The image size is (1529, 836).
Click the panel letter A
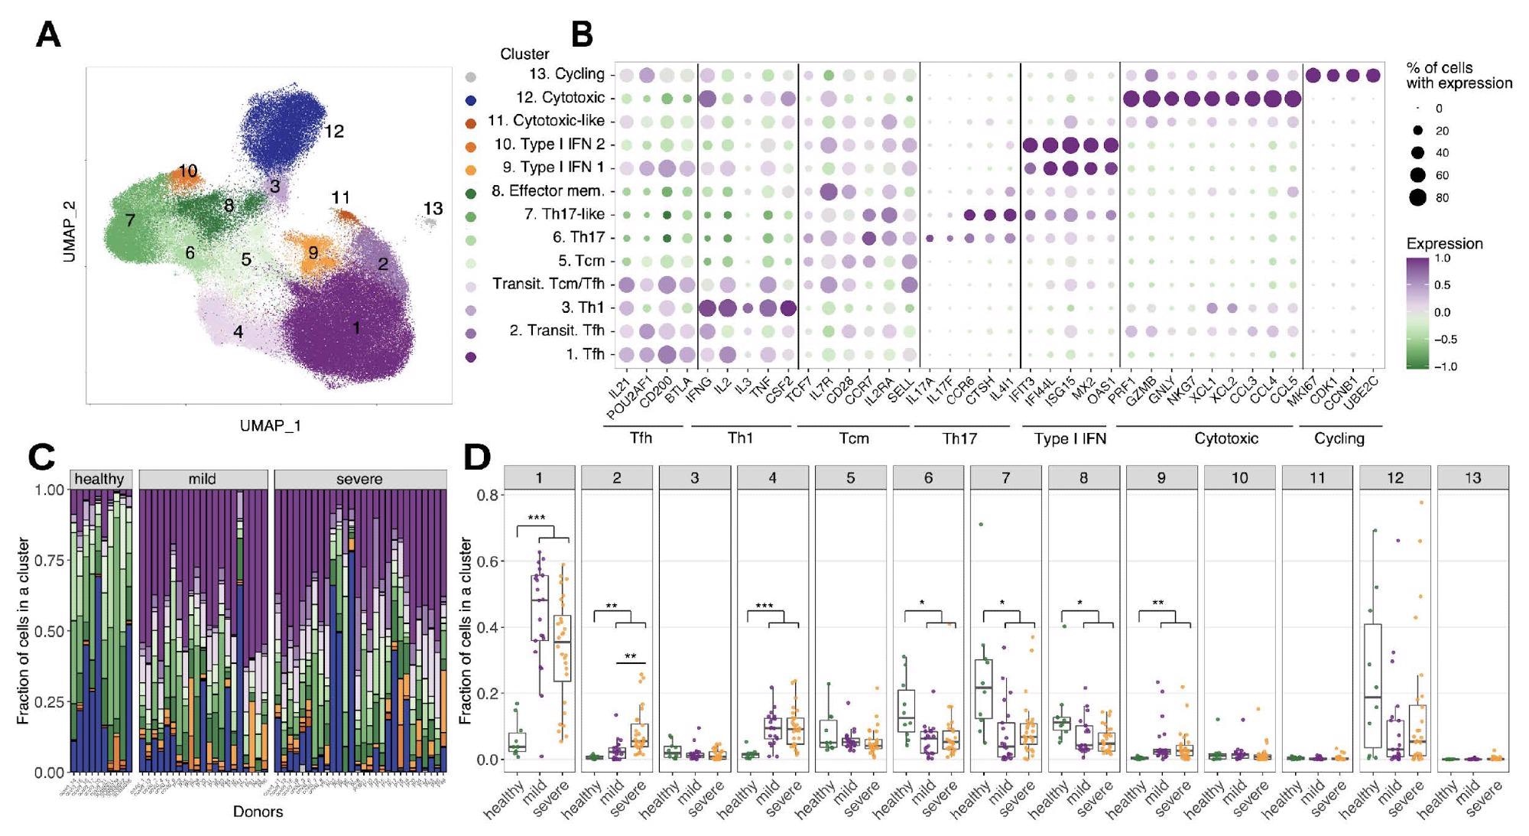pos(48,35)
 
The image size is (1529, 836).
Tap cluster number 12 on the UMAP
pos(333,132)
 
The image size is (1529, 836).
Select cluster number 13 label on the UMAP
pos(433,208)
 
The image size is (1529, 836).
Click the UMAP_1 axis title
pos(270,426)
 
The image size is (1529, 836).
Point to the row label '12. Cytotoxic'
pos(560,98)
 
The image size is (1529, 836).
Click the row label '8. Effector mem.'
pos(547,191)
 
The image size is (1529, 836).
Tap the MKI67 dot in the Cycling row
pos(1314,75)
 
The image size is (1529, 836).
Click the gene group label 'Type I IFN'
pos(1070,439)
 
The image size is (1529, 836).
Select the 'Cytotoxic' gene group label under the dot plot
pos(1226,439)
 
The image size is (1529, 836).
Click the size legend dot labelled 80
pos(1417,197)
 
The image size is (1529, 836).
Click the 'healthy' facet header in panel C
pos(99,479)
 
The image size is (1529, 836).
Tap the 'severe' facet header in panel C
pos(359,479)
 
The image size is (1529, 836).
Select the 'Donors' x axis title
pos(258,812)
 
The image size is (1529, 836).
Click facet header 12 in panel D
pos(1395,478)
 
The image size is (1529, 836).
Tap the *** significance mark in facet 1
pos(537,519)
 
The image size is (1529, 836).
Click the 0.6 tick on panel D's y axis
pos(486,561)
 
